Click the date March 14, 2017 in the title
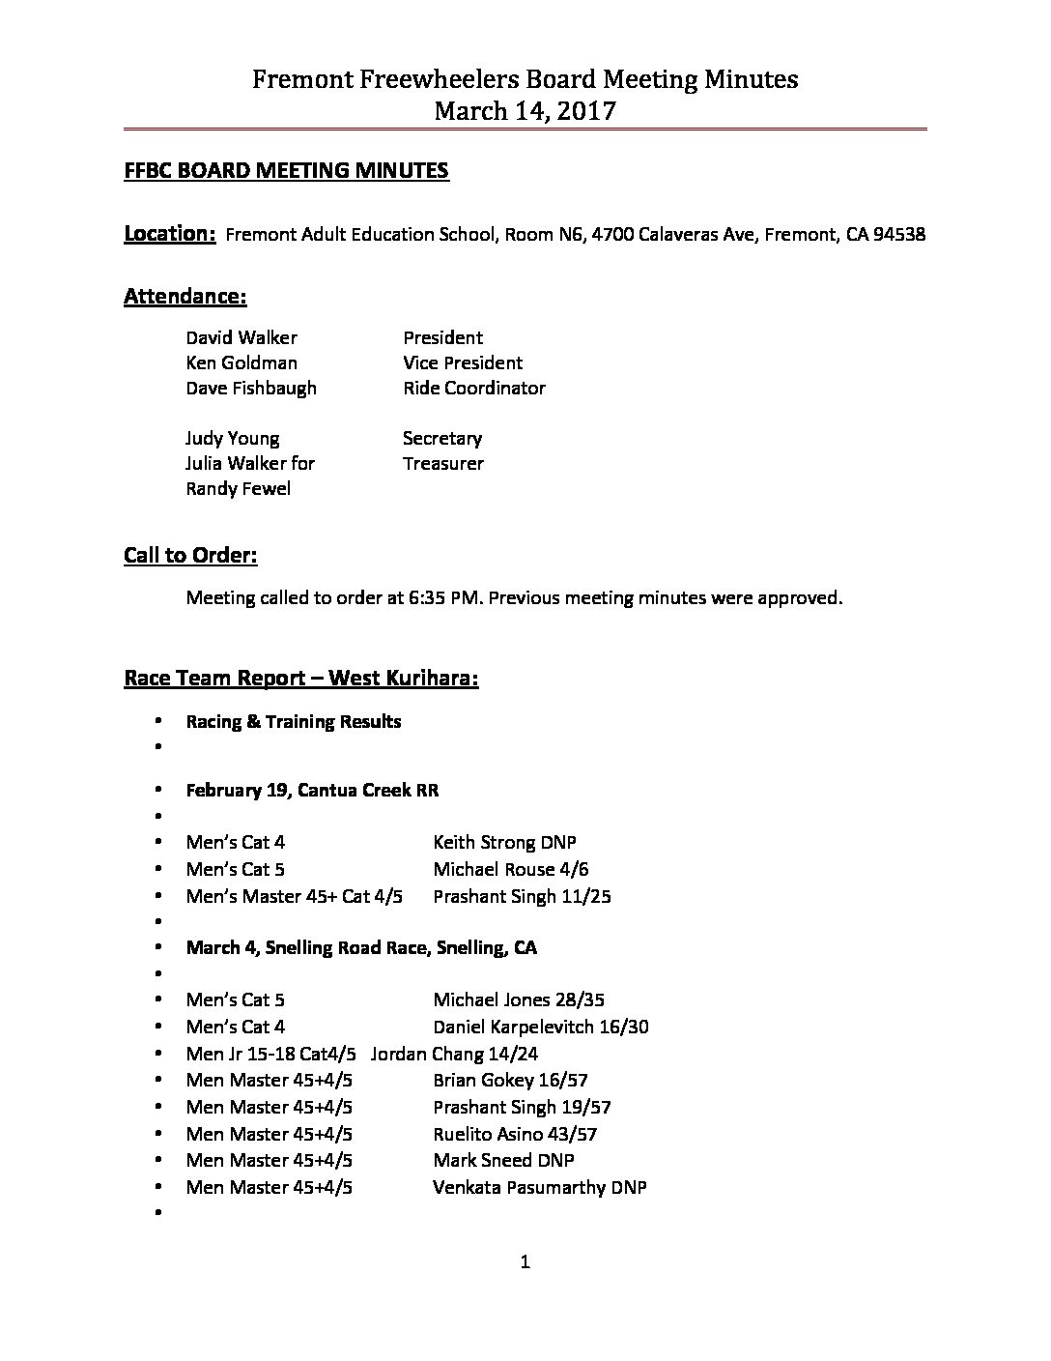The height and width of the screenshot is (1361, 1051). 525,111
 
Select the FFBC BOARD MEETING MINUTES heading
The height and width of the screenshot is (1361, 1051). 287,171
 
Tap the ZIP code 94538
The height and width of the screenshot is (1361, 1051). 899,235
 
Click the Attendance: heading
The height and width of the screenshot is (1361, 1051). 185,297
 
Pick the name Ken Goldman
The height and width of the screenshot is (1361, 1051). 241,363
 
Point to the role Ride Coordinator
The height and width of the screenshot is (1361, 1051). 474,389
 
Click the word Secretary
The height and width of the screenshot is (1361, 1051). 442,439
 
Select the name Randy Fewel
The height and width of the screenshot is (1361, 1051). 238,489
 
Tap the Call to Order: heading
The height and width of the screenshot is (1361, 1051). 190,556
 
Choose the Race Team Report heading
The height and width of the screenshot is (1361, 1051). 300,679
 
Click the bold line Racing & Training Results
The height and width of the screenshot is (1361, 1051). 294,722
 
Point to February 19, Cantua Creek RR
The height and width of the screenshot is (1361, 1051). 312,791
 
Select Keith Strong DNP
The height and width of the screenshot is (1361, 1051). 504,843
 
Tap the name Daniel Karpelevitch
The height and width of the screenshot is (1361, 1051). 515,1028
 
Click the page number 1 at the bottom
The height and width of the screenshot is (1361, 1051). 525,1261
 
